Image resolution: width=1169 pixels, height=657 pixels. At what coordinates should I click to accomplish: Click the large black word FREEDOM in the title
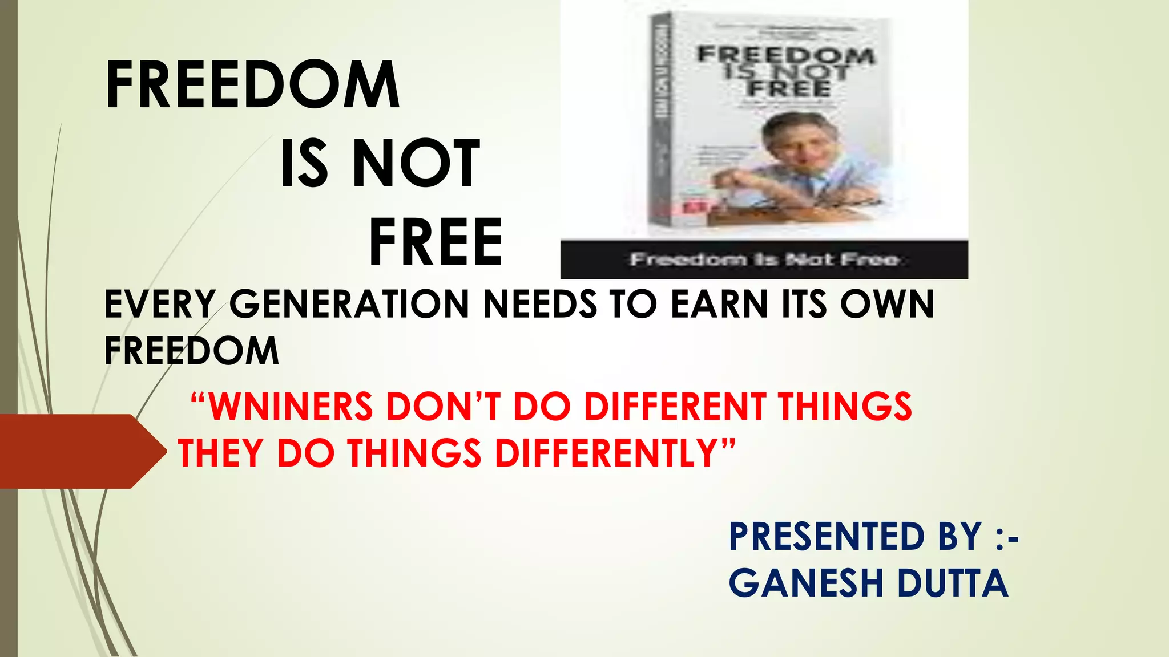[x=252, y=85]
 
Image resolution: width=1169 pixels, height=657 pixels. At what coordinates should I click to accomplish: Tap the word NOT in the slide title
[x=416, y=164]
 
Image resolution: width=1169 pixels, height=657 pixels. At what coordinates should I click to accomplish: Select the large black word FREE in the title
[x=436, y=242]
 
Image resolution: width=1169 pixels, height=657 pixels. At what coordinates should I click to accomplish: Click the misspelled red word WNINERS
[x=291, y=407]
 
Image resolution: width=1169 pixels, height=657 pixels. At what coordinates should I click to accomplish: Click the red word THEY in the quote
[x=220, y=453]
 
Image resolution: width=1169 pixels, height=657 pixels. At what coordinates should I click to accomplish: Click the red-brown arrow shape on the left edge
[x=80, y=451]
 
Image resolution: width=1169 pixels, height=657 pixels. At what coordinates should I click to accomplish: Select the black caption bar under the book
[x=764, y=260]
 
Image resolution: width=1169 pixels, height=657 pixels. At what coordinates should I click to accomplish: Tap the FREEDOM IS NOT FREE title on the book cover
[x=785, y=72]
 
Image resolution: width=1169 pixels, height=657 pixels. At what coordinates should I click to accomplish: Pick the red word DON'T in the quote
[x=444, y=407]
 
